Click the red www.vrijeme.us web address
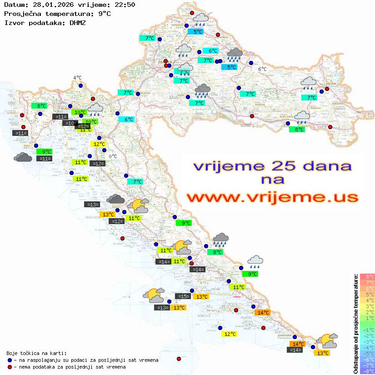pyautogui.click(x=272, y=197)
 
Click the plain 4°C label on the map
pyautogui.click(x=77, y=78)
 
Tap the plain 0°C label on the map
pyautogui.click(x=113, y=157)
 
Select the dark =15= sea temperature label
pyautogui.click(x=183, y=296)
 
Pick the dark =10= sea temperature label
pyautogui.click(x=70, y=123)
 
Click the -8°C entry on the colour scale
pyautogui.click(x=367, y=371)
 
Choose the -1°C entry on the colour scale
pyautogui.click(x=367, y=330)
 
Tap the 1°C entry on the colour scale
pyautogui.click(x=367, y=318)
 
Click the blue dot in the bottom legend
pyautogui.click(x=10, y=360)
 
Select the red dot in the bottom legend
pyautogui.click(x=10, y=367)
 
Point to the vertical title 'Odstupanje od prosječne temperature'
pyautogui.click(x=356, y=323)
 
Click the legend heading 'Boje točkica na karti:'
pyautogui.click(x=36, y=353)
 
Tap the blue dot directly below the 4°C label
pyautogui.click(x=80, y=85)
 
